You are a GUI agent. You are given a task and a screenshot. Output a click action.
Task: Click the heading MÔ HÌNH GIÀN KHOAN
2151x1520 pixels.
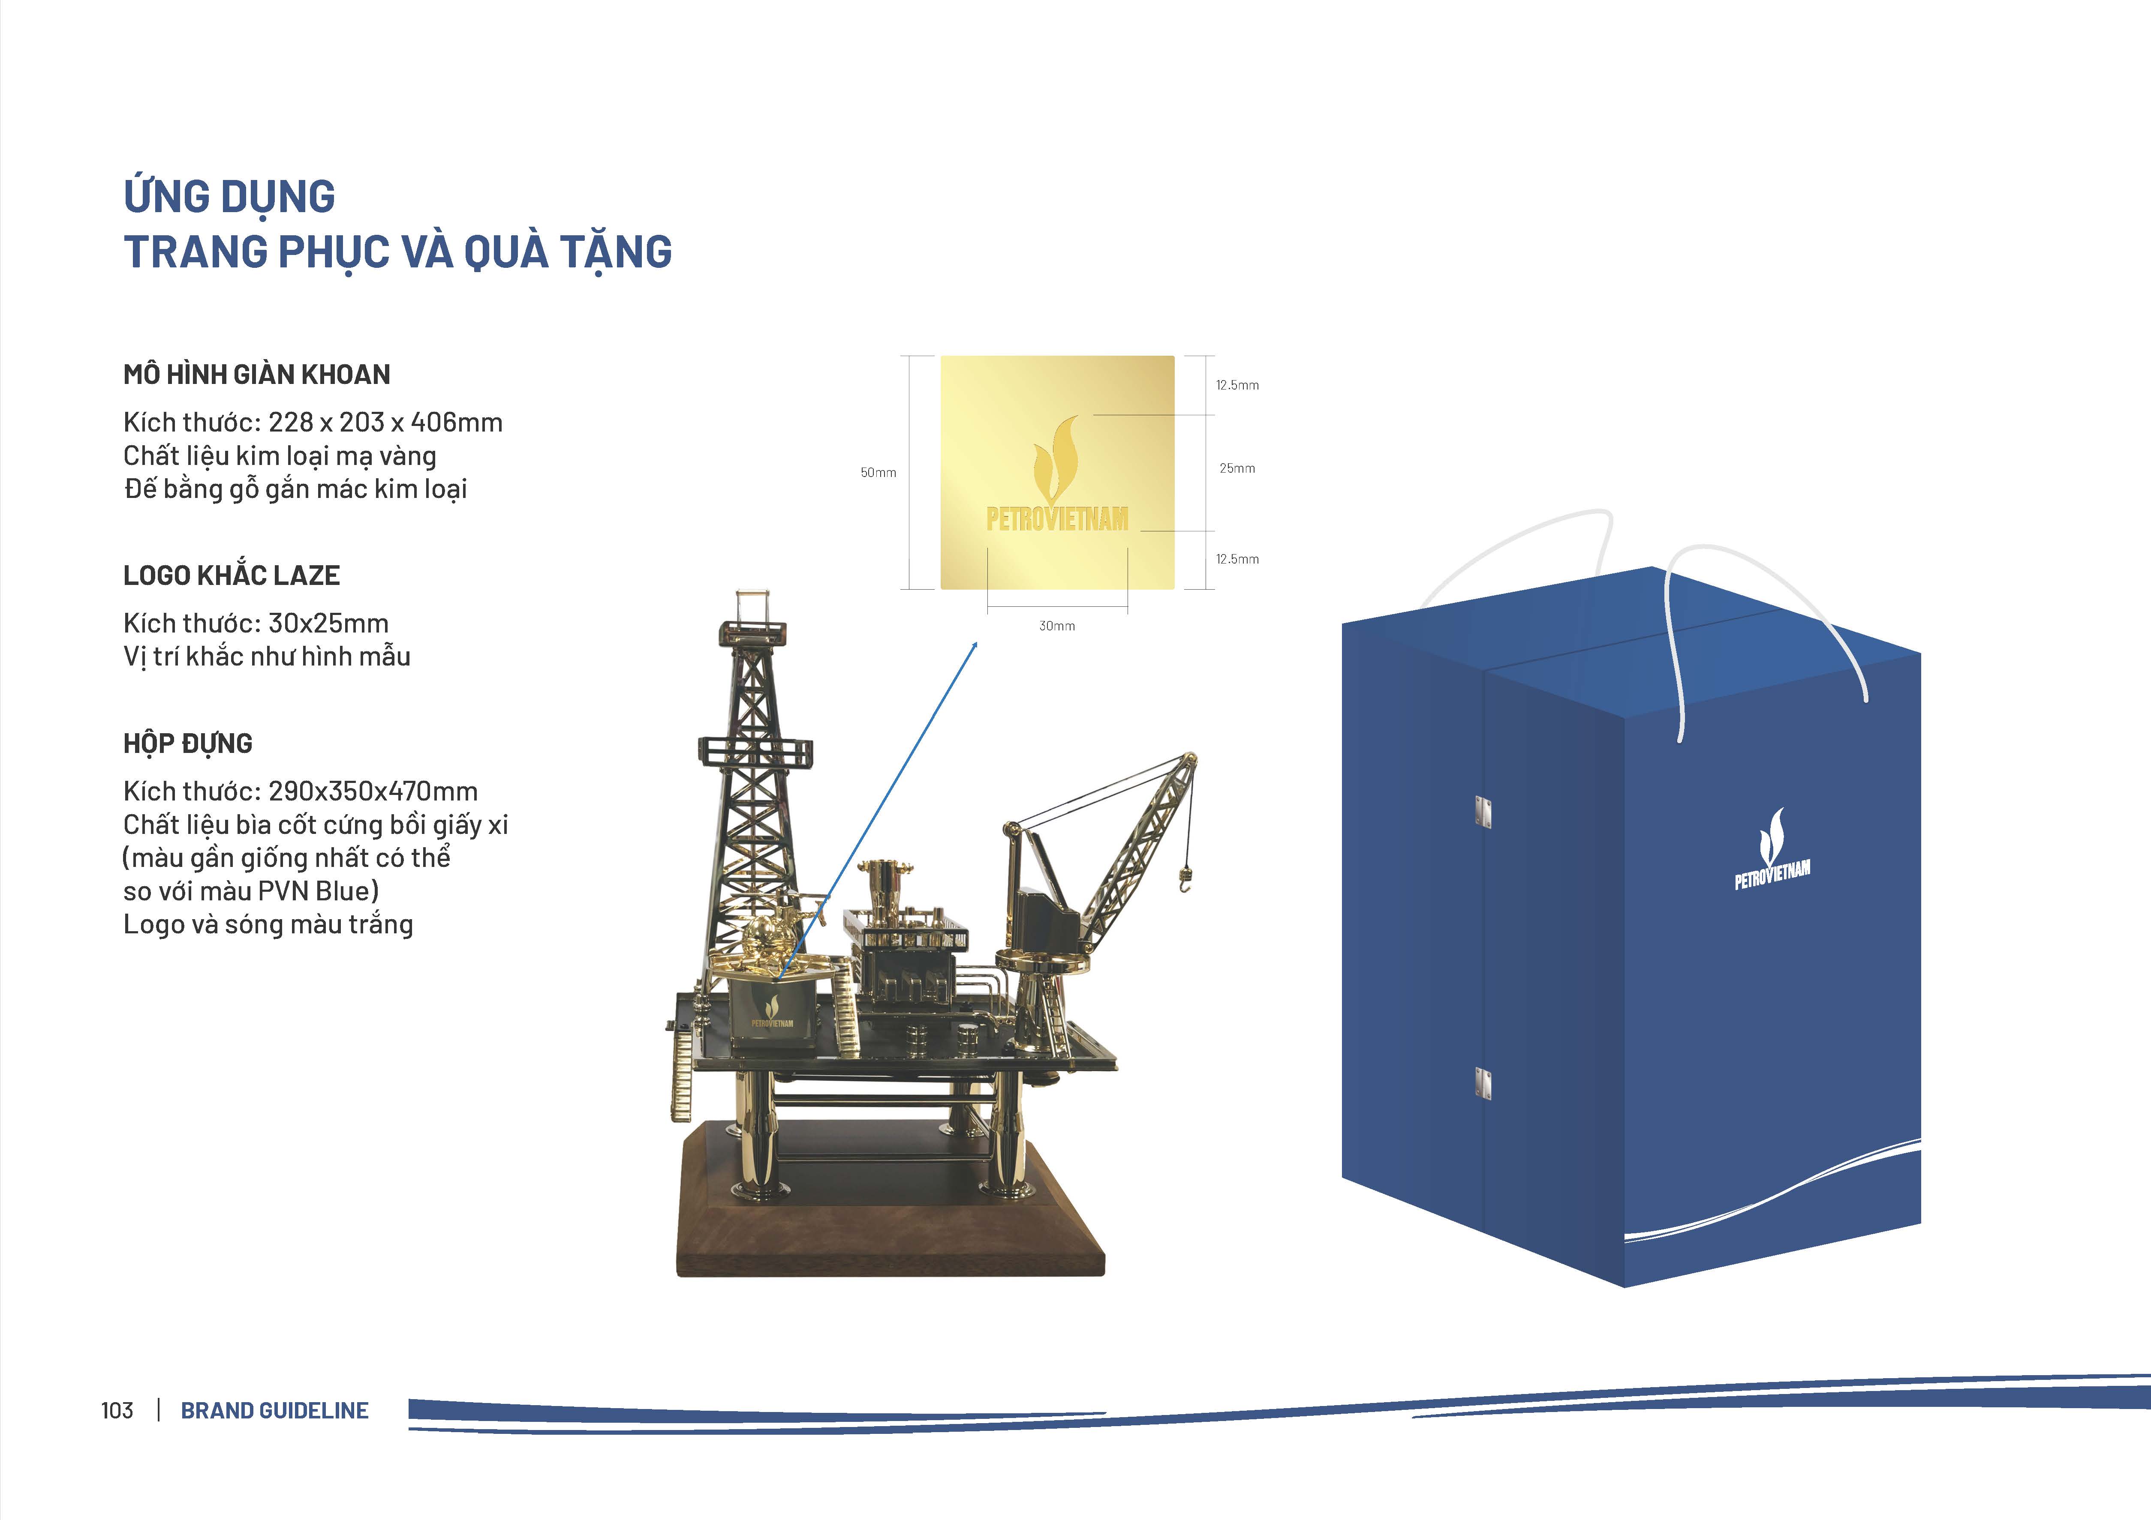[257, 375]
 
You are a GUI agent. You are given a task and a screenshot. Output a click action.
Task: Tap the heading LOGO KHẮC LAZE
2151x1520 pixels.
[232, 575]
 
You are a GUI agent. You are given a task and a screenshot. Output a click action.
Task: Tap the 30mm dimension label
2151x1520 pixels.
[1057, 626]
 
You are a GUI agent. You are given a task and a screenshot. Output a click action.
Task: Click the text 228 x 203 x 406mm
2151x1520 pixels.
[385, 423]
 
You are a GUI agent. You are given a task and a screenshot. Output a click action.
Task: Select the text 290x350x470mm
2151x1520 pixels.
[373, 791]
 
